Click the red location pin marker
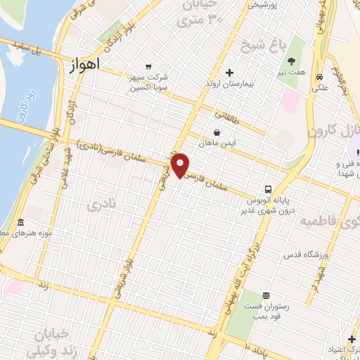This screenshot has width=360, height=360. point(181,165)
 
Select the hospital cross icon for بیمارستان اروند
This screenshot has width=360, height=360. point(229,72)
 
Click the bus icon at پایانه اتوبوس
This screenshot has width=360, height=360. point(267,189)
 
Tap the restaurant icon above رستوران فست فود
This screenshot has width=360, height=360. point(266,296)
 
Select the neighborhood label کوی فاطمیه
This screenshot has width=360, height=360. point(330,221)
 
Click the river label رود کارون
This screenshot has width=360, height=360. point(22,105)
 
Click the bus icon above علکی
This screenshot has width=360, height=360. point(319,77)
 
